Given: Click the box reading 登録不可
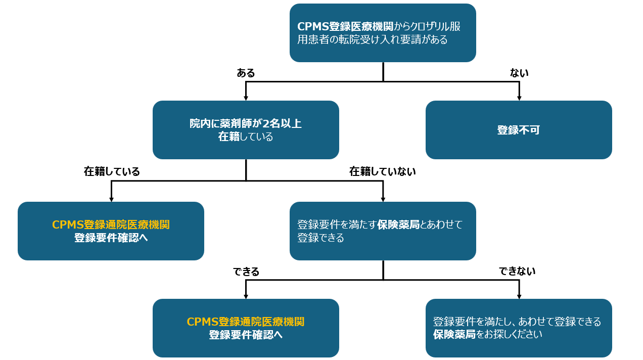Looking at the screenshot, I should [x=519, y=130].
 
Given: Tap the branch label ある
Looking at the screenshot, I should [x=246, y=73].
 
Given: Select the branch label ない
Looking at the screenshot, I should [x=519, y=73].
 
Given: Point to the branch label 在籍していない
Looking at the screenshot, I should [x=382, y=171].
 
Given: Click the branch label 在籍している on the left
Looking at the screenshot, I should [x=112, y=171].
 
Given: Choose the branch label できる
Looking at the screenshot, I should [x=246, y=272].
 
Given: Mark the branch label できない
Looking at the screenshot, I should [x=517, y=272].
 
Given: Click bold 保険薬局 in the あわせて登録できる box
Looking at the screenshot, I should [x=398, y=225].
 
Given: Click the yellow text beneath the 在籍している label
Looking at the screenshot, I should [x=111, y=225].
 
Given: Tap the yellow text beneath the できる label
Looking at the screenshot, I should [x=246, y=322].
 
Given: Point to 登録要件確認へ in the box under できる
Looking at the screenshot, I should [x=246, y=335].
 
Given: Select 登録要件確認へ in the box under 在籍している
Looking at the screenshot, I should [x=111, y=238].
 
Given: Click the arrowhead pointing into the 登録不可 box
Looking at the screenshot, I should [x=519, y=98].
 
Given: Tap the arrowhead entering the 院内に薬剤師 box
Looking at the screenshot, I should [x=246, y=98].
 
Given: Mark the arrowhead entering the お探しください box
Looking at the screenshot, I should [x=519, y=296].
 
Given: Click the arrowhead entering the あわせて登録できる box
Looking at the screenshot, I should [x=383, y=199].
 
